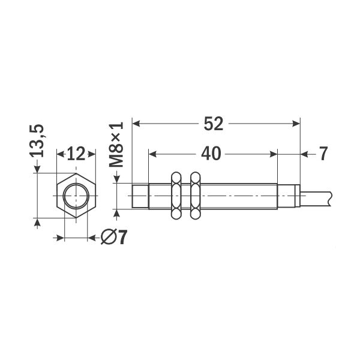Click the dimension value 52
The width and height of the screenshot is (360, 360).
(214, 124)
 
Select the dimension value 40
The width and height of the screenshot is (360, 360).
(210, 154)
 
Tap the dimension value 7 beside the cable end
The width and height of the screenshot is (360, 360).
(323, 154)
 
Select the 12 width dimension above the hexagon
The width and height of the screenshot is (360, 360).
(76, 154)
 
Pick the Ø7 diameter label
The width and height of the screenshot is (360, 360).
(115, 238)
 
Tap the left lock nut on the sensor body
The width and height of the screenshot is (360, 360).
(176, 196)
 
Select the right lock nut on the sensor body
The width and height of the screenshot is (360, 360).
(194, 196)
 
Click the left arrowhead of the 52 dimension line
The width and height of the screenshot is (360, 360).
(136, 124)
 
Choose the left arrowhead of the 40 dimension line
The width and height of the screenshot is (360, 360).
(152, 154)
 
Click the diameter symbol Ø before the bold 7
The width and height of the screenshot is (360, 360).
(109, 238)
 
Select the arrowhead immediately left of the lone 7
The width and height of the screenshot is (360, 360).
(304, 154)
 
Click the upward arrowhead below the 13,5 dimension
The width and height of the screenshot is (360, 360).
(38, 223)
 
